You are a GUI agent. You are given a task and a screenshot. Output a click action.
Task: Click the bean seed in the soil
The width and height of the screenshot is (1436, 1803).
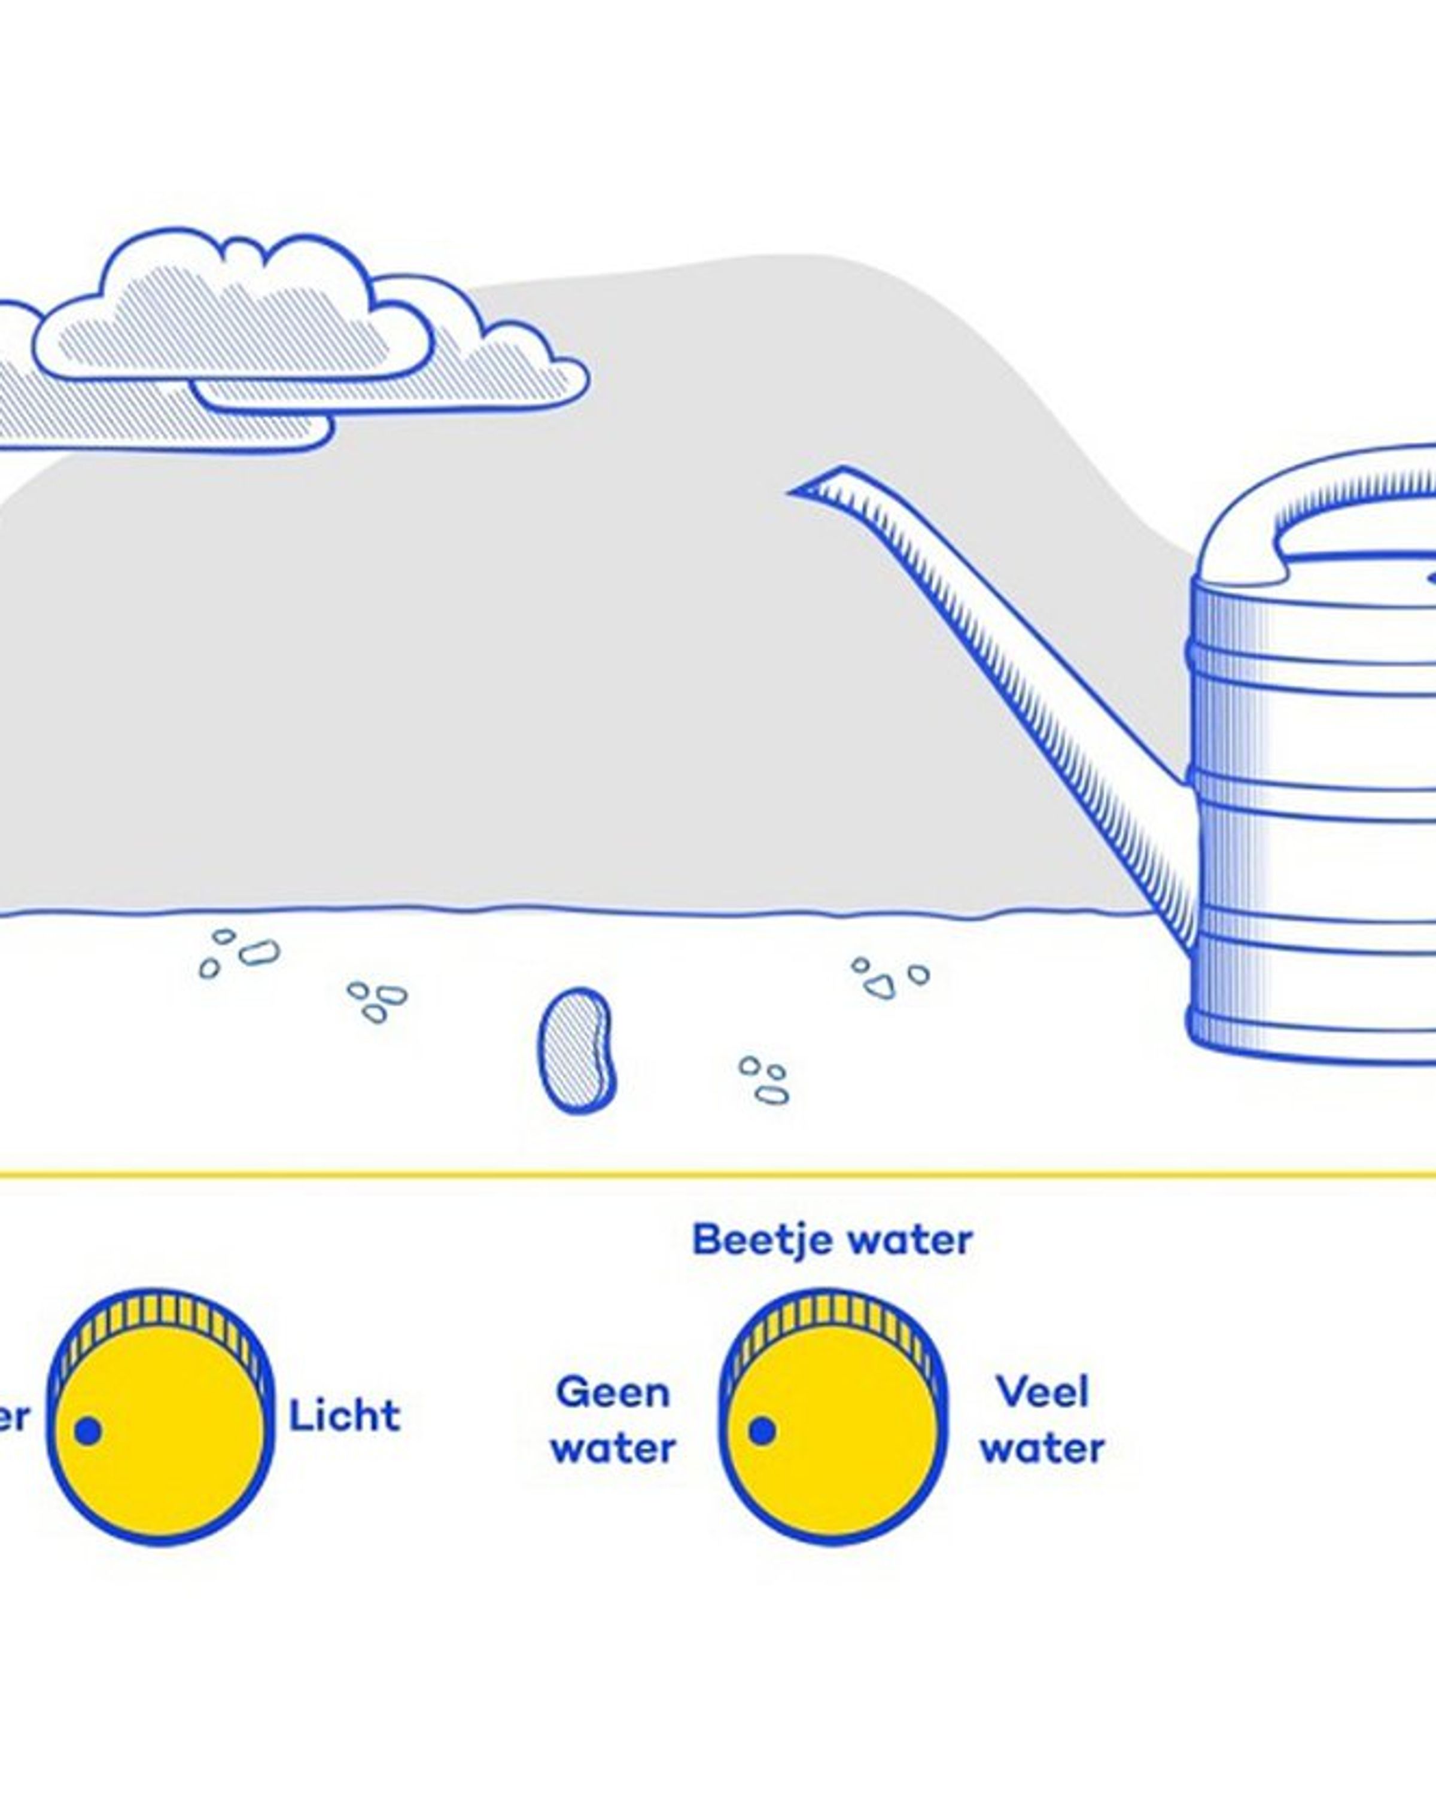pyautogui.click(x=576, y=1050)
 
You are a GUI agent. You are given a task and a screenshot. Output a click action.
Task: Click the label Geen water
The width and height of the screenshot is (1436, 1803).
pyautogui.click(x=613, y=1420)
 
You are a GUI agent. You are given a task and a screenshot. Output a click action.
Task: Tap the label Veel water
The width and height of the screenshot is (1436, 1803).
pyautogui.click(x=1042, y=1420)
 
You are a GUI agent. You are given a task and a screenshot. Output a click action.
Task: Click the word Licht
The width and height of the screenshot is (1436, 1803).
pyautogui.click(x=343, y=1416)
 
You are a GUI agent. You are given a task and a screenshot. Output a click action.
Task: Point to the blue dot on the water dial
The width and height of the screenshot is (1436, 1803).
pyautogui.click(x=761, y=1431)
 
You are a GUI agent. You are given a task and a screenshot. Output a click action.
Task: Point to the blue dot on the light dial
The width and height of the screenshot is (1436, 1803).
pyautogui.click(x=88, y=1431)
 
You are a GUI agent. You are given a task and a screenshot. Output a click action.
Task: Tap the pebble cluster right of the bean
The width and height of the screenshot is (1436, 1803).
pyautogui.click(x=763, y=1079)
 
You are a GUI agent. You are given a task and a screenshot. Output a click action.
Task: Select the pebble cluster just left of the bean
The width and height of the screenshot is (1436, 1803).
pyautogui.click(x=376, y=1000)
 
